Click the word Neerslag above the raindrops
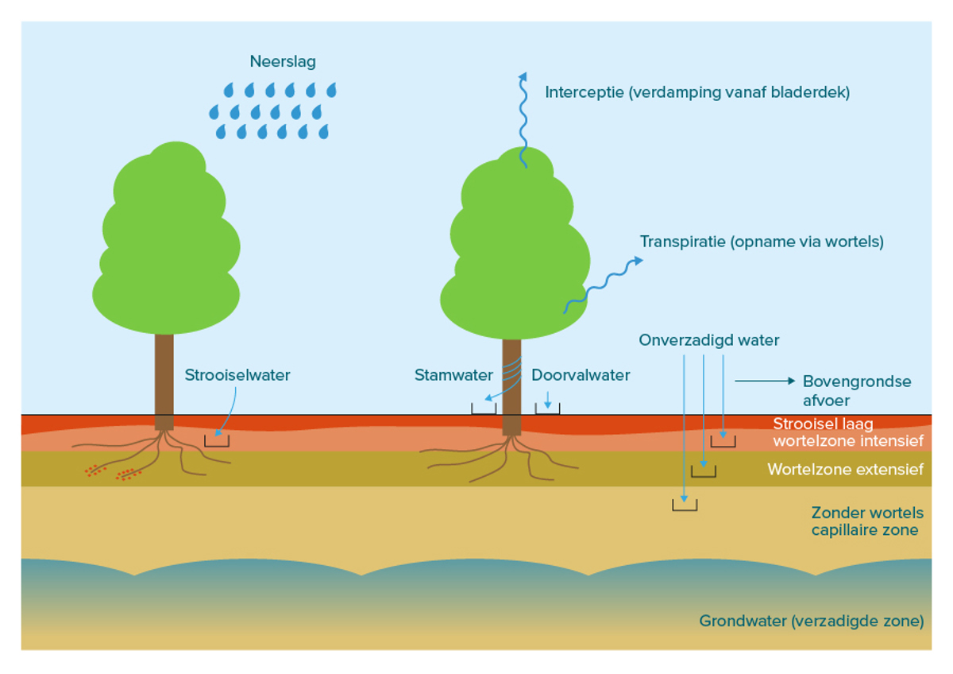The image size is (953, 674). (283, 62)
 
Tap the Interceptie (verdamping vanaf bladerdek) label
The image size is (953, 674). (696, 92)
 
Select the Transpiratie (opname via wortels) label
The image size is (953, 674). (762, 242)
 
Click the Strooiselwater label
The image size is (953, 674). (237, 375)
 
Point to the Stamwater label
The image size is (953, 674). (453, 375)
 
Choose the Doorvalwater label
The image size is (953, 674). (581, 375)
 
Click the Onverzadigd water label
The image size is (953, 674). (708, 340)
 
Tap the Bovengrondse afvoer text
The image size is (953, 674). (856, 390)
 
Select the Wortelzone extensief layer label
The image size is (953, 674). (845, 470)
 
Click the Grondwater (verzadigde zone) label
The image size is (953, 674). (811, 621)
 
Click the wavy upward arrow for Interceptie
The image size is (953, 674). (523, 119)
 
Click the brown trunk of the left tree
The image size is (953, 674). (164, 374)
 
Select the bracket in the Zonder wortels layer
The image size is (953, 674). (685, 505)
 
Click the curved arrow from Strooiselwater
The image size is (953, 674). (224, 413)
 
